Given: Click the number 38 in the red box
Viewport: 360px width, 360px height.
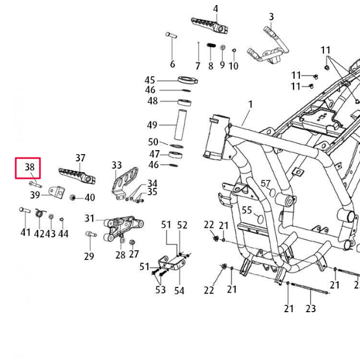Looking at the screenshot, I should (x=30, y=166).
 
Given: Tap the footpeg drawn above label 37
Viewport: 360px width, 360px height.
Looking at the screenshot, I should (x=76, y=174).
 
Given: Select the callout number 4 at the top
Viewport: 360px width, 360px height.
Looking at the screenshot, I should (x=215, y=8).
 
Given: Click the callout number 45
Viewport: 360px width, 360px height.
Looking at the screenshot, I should (x=150, y=80).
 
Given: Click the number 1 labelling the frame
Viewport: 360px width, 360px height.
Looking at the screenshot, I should (x=250, y=104).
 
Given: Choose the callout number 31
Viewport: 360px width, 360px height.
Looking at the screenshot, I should (x=90, y=218).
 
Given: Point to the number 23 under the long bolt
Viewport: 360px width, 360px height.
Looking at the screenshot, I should (x=311, y=308).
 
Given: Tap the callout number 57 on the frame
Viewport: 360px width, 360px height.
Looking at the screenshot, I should (x=265, y=184).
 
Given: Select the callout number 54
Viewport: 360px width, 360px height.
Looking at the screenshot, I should (x=179, y=290).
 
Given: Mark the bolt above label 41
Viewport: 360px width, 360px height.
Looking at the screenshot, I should (x=24, y=210).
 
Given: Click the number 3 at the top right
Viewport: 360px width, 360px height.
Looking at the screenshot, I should (x=271, y=17).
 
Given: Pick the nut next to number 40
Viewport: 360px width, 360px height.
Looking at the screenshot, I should (x=73, y=197).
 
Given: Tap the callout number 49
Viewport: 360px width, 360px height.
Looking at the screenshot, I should (x=152, y=125).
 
